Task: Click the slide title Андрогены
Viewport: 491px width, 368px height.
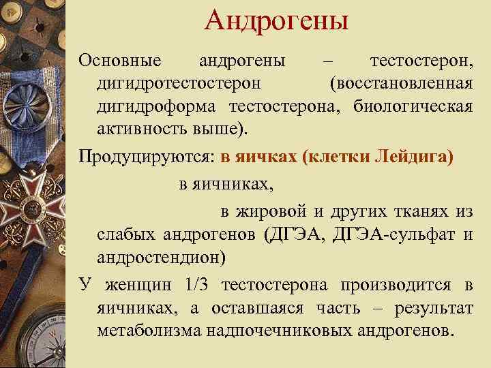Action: [276, 20]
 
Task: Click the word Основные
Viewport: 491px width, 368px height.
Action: [120, 61]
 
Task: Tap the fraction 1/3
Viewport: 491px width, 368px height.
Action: [200, 285]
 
